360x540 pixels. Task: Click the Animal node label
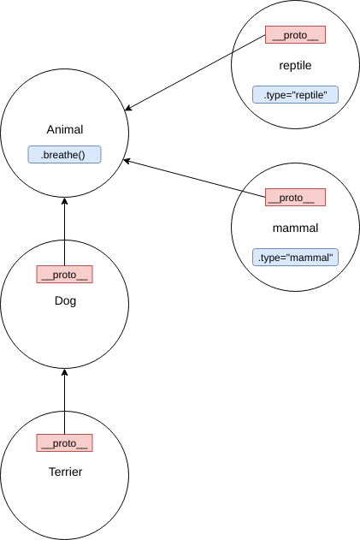[64, 130]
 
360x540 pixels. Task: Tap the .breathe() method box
[64, 155]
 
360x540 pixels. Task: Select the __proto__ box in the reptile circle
[295, 35]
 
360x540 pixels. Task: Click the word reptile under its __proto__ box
[295, 65]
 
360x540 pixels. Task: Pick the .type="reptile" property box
[295, 94]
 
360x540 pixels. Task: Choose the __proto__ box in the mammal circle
[295, 198]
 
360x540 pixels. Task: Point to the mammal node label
[295, 228]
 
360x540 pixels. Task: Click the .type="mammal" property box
[295, 257]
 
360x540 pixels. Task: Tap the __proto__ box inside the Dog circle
[64, 274]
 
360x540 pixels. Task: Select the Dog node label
[64, 300]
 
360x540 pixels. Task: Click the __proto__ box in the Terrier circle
[64, 442]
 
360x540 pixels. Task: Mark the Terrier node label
[64, 472]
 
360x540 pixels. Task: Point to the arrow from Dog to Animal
[64, 231]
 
